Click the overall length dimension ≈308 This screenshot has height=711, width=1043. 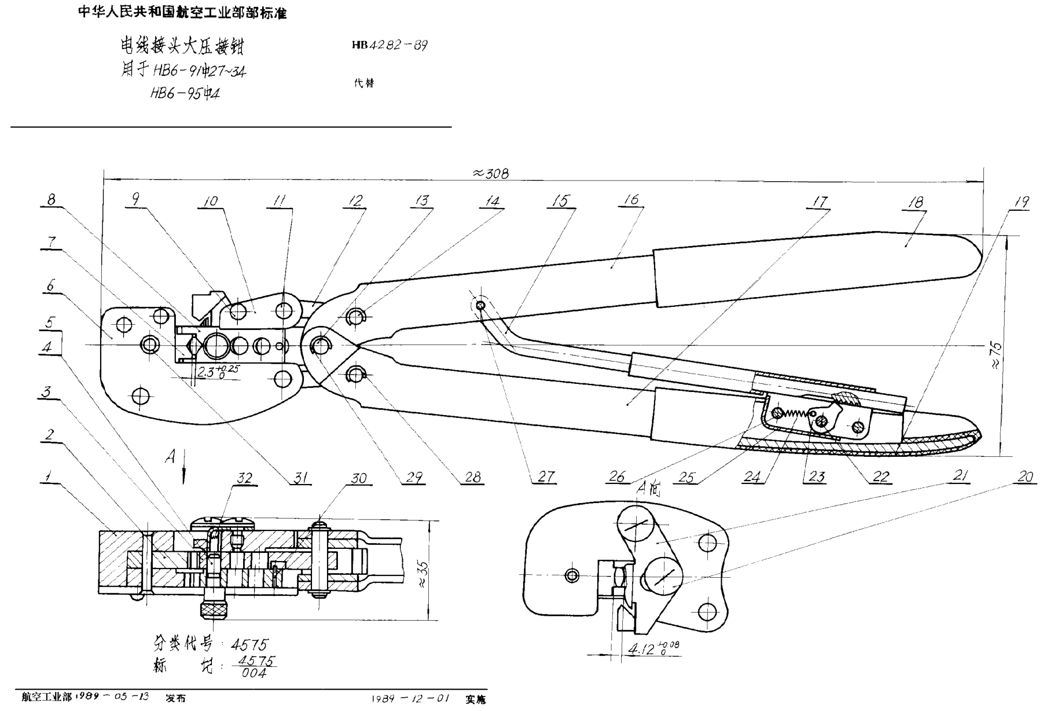click(x=490, y=173)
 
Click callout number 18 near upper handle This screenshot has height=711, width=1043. click(x=916, y=203)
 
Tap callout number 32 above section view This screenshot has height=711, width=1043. click(x=245, y=478)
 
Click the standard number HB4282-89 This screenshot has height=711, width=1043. click(x=390, y=45)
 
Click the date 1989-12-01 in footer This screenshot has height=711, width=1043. click(x=410, y=698)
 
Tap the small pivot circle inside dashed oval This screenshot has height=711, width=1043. click(x=480, y=306)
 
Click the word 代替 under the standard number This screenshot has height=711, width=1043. click(x=364, y=83)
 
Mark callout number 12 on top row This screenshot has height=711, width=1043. click(x=355, y=201)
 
